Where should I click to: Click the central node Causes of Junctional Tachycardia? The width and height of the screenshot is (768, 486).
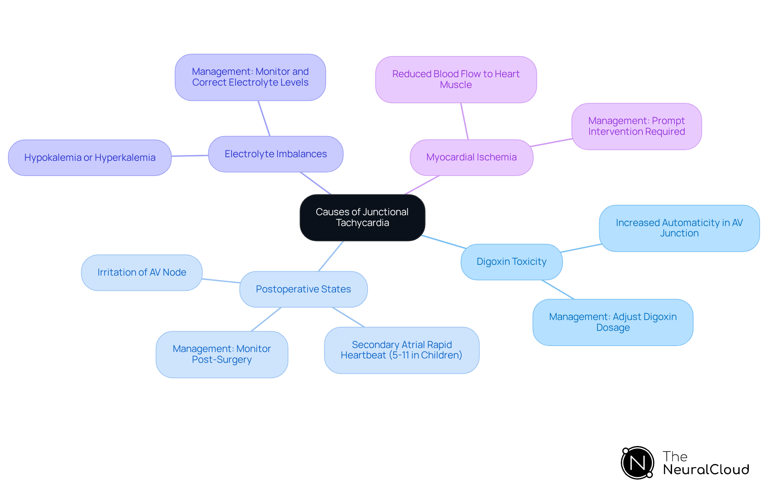tap(362, 218)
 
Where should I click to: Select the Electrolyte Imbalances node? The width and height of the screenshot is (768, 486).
tap(276, 154)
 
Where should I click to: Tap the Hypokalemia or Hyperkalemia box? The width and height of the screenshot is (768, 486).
tap(90, 158)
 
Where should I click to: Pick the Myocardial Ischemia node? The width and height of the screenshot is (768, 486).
tap(472, 157)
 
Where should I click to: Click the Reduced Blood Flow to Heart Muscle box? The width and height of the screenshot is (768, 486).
tap(456, 80)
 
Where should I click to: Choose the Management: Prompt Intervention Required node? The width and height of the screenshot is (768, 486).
tap(636, 126)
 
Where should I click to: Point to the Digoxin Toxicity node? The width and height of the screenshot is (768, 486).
tap(512, 262)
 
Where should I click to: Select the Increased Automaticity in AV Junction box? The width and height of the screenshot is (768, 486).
tap(679, 228)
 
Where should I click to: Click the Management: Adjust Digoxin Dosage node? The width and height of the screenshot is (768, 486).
tap(613, 322)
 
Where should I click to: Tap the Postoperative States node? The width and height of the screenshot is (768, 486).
tap(303, 289)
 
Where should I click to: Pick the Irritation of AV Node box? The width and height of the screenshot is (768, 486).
tap(142, 272)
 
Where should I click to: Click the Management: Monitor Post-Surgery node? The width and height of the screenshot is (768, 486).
tap(222, 354)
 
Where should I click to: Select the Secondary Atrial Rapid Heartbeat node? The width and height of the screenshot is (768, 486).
tap(402, 350)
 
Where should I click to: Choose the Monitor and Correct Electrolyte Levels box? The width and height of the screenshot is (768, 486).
tap(250, 77)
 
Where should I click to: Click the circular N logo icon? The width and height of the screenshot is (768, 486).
tap(638, 463)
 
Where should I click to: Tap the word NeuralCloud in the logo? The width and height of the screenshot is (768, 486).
tap(706, 470)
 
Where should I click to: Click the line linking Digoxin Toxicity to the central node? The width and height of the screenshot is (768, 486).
tap(444, 242)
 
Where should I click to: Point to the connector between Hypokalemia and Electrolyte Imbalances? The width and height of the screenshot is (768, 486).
tap(190, 156)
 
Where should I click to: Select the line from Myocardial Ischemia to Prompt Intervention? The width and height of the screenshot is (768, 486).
tap(552, 142)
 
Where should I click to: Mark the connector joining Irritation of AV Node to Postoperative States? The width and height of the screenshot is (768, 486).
tap(221, 281)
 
